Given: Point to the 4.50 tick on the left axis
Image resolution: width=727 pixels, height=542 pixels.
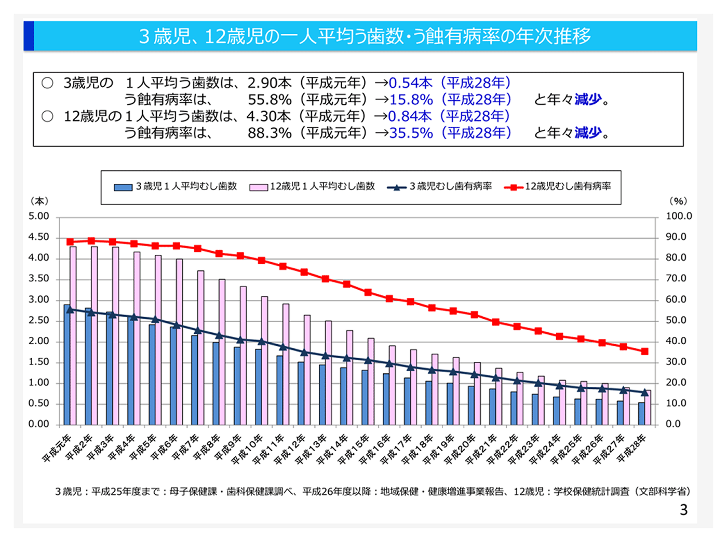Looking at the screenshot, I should pos(39,237).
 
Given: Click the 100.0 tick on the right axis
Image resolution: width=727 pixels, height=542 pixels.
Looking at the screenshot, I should pos(679,216).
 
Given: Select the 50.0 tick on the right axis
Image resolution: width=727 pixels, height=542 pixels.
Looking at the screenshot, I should pos(676,320).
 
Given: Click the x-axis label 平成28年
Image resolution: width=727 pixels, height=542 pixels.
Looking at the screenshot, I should pos(632,449).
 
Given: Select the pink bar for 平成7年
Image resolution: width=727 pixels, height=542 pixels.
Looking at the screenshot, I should pos(201,348).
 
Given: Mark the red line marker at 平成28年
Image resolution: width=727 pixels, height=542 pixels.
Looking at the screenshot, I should pos(644,351).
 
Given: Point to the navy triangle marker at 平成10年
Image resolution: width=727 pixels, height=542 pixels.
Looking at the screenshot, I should pos(261,342).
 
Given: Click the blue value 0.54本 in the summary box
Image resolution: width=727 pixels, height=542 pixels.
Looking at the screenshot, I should pos(410,83).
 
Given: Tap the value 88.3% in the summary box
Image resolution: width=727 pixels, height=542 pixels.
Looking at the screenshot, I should pos(270,133).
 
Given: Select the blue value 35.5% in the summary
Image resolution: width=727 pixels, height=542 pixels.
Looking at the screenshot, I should pos(411,133).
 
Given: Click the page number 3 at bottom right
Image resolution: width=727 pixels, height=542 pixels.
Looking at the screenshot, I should pos(683,510).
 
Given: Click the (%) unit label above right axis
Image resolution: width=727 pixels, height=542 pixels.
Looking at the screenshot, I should pos(678,201).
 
